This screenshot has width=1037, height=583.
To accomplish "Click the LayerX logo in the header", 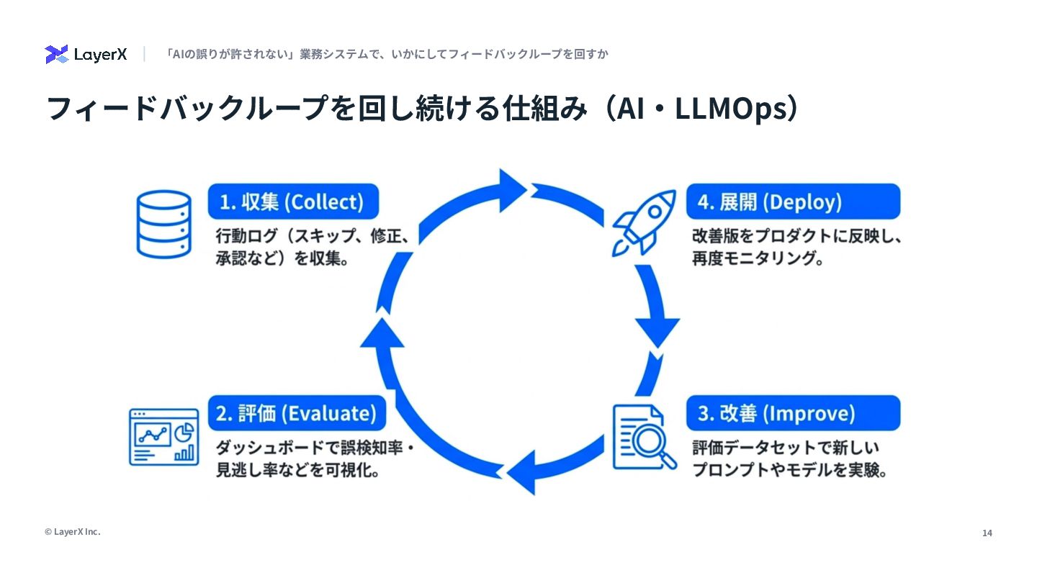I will coord(86,54).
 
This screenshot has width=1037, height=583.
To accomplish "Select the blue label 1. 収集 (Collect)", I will coord(293,202).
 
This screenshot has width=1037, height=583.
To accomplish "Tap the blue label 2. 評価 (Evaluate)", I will coord(296,413).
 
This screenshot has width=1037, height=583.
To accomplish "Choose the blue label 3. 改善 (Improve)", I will coord(793,413).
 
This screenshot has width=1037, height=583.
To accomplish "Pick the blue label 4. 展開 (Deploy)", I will coord(793,202).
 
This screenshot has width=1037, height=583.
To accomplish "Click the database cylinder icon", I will coord(163,223).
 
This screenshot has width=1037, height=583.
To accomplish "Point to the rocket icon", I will coord(643,221).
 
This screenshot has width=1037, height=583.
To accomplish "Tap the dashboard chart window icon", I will coord(163,437).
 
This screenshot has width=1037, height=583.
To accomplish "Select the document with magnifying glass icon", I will coord(643,436).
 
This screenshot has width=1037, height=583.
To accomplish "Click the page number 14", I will coord(987,533).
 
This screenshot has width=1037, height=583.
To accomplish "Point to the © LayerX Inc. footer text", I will coord(72,532).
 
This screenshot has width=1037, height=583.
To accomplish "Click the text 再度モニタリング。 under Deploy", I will coord(758,258).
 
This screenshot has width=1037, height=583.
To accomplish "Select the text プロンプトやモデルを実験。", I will coord(789,471).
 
